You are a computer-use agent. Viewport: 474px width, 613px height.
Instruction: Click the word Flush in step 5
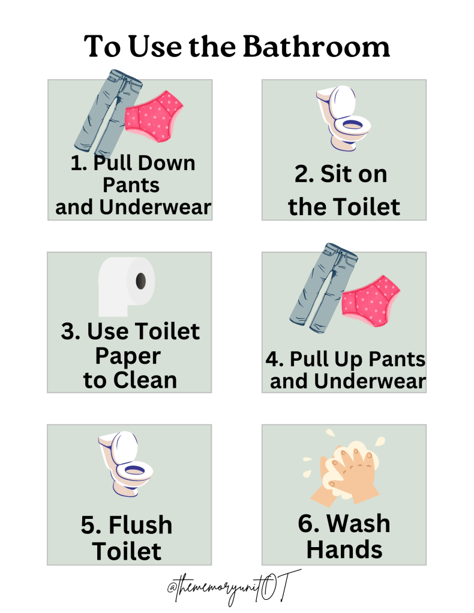click(140, 526)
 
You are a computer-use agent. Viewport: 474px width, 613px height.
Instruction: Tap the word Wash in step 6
click(358, 523)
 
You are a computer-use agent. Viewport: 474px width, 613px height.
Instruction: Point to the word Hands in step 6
click(344, 549)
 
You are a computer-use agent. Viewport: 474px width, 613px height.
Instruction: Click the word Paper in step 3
click(128, 357)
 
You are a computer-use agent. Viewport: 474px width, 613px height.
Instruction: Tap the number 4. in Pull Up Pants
click(275, 360)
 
